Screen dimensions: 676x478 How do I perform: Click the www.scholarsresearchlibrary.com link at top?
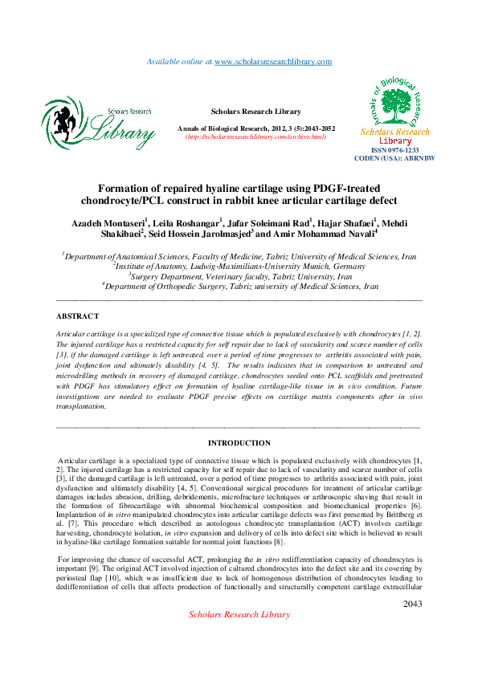[x=273, y=62]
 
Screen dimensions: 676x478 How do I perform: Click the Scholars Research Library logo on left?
[x=97, y=124]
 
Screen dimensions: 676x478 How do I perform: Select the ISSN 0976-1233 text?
[x=395, y=150]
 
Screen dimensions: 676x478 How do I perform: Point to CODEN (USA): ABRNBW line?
[x=394, y=158]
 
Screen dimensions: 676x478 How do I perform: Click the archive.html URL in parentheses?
[x=255, y=137]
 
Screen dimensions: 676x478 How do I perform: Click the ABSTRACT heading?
[x=77, y=316]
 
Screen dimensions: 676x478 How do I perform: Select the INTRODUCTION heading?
[x=239, y=443]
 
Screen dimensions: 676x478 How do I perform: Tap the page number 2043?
[x=413, y=604]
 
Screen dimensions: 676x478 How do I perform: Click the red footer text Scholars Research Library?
[x=239, y=614]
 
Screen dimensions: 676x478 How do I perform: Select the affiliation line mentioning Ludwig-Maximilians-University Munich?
[x=239, y=266]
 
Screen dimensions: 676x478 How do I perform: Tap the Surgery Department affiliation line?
[x=239, y=275]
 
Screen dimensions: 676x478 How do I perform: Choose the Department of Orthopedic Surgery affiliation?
[x=239, y=285]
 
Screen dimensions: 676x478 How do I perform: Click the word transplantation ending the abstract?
[x=80, y=406]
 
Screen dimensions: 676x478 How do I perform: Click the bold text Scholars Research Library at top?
[x=255, y=112]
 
